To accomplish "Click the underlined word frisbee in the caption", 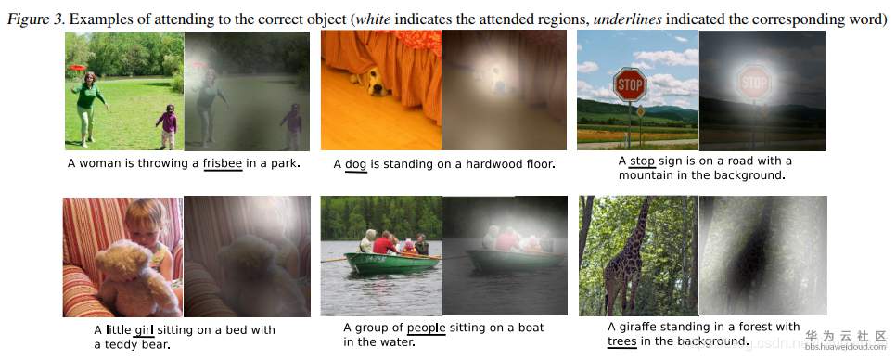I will pos(223,164).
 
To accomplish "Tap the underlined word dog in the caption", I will pos(355,164).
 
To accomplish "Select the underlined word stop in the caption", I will pos(642,161).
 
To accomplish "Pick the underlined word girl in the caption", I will pos(144,329).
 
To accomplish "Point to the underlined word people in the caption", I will pos(427,328).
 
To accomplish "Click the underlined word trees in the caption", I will pos(621,341).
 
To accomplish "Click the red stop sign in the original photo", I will pos(630,84).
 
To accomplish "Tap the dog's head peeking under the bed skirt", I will pos(375,84).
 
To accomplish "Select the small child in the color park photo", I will pos(168,125).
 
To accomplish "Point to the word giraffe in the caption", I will pos(639,327).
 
